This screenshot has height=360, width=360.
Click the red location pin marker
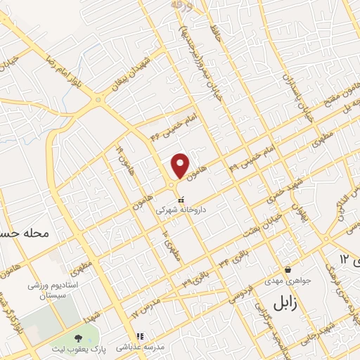(181, 165)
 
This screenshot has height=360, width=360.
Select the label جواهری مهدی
(287, 282)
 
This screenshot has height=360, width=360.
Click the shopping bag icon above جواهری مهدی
(288, 269)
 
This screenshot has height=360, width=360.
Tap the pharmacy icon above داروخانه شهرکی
(181, 199)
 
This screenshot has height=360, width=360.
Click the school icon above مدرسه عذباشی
(140, 335)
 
